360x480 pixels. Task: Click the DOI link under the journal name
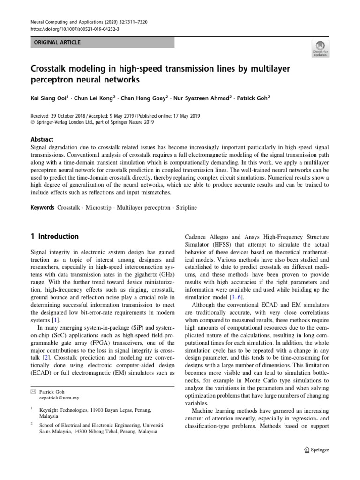coord(68,29)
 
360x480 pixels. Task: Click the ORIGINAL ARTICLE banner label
coord(56,43)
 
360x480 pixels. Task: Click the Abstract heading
coord(42,139)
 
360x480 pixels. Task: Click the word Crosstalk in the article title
coord(50,69)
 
